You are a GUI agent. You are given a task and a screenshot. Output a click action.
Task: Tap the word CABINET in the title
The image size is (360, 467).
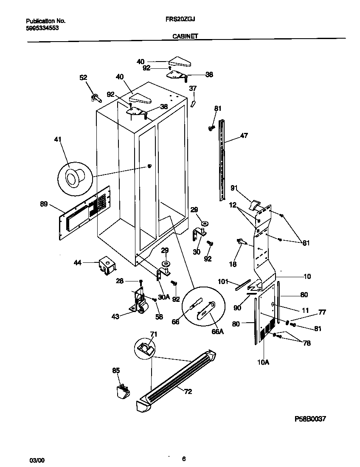pos(185,37)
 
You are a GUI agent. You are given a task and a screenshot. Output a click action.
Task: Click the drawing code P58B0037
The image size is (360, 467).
pos(310,418)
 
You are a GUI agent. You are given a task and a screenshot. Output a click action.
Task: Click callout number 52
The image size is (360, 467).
pos(84,77)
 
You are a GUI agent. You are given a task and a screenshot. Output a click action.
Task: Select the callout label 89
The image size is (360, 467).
pos(44,204)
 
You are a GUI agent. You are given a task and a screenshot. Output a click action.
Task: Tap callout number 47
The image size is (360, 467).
pos(244,136)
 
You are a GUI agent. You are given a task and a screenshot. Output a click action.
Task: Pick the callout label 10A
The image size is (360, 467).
pos(264,362)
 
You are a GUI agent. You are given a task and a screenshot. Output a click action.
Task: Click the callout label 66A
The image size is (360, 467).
pos(217,332)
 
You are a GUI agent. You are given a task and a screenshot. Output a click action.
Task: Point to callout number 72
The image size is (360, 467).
pos(187,391)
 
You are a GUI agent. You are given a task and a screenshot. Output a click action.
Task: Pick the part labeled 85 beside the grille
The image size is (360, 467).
pos(123,391)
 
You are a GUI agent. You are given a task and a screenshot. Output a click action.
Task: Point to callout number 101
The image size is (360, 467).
pos(223,281)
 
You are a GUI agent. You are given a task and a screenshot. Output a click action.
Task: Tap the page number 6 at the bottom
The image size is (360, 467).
pos(183,459)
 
